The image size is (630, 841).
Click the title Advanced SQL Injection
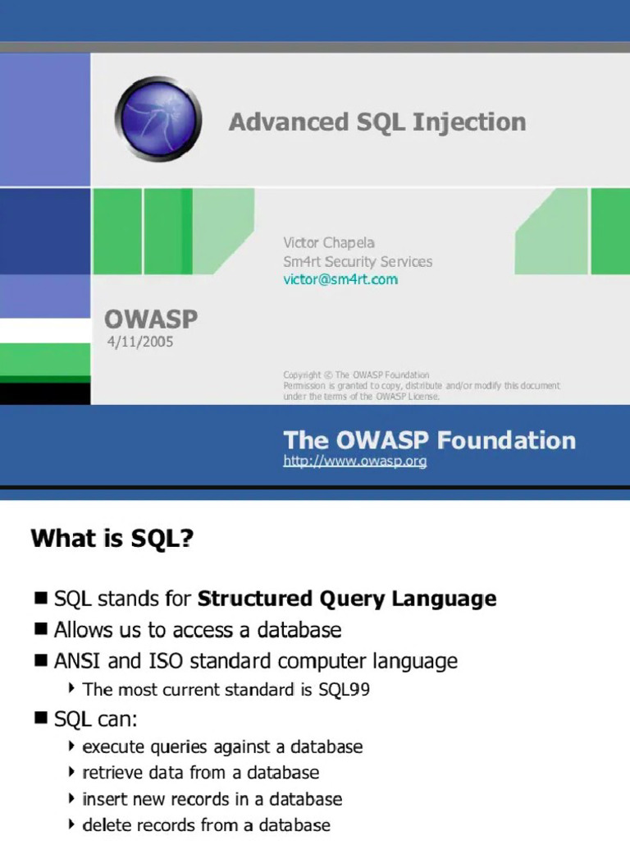[x=377, y=122]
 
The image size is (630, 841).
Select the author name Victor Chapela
[x=329, y=242]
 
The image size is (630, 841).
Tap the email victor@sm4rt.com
[x=340, y=279]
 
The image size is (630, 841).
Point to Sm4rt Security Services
[x=358, y=261]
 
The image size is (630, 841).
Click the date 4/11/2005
[x=140, y=342]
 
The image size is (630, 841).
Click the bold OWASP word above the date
[x=150, y=319]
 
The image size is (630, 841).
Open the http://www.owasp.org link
[x=355, y=462]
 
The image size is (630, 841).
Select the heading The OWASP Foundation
[x=429, y=440]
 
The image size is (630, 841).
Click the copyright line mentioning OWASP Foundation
[x=356, y=375]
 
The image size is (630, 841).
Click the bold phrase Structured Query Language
[x=347, y=599]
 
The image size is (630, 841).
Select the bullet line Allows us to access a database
[x=197, y=630]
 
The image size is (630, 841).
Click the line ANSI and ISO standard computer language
[x=255, y=660]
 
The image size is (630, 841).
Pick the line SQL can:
[x=95, y=719]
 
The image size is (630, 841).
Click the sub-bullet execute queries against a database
[x=222, y=747]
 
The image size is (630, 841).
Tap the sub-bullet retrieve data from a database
[x=201, y=773]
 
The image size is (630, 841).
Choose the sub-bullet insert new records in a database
[x=212, y=799]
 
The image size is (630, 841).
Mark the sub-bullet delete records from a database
[x=207, y=825]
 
